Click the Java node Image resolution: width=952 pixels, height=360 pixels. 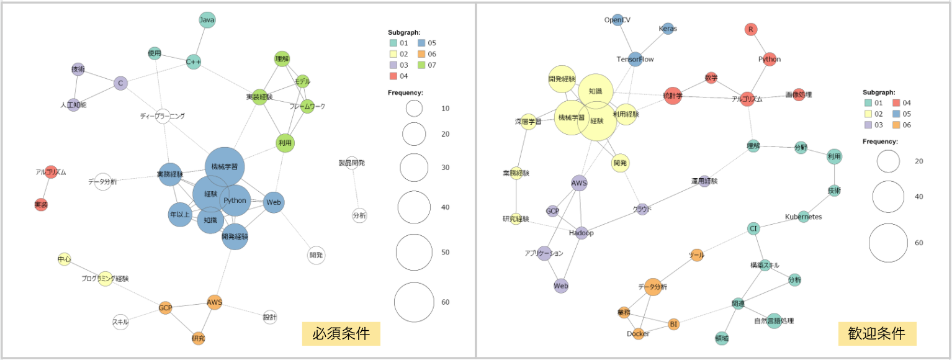pos(207,20)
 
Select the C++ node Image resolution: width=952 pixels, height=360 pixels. pos(194,62)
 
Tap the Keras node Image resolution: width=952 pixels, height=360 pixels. pos(668,29)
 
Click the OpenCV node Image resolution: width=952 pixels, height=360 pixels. pos(617,20)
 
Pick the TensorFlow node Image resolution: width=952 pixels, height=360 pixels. pos(635,59)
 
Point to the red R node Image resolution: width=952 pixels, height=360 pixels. pos(751,29)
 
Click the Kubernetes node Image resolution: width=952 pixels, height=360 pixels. pos(804,217)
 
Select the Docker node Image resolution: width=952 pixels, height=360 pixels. pos(638,333)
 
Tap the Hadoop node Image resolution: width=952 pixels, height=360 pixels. pos(582,233)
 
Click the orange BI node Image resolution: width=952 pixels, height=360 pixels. pos(674,324)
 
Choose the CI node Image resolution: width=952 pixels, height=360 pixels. pos(754,228)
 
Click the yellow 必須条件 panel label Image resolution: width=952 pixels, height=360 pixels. pos(341,333)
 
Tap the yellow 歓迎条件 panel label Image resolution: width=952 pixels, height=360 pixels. pos(877,333)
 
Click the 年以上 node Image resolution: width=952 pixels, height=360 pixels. pos(180,215)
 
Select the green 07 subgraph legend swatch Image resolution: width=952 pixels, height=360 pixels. pos(422,65)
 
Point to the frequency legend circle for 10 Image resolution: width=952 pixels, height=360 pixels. pos(414,109)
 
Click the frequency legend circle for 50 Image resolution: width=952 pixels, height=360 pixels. pos(414,253)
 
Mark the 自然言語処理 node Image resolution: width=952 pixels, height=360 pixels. pos(774,321)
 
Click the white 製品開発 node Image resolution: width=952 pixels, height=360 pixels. pos(351,163)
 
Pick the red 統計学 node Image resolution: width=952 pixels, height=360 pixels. pos(673,96)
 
